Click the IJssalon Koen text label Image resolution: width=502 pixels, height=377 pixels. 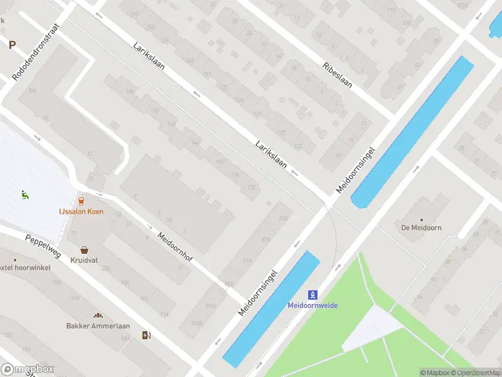coord(81,212)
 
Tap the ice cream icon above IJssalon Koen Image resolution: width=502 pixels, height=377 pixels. coord(81,201)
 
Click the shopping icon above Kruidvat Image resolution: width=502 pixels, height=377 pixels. coord(83,249)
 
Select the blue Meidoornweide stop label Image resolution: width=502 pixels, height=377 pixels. coord(312,305)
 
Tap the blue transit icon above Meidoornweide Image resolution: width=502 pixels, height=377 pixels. coord(312,294)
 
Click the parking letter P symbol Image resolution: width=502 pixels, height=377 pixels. coord(12,45)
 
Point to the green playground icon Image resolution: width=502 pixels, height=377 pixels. coord(25,195)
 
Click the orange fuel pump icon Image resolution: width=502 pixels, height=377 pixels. coord(146,336)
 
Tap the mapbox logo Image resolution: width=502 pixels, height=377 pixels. coord(28,369)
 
